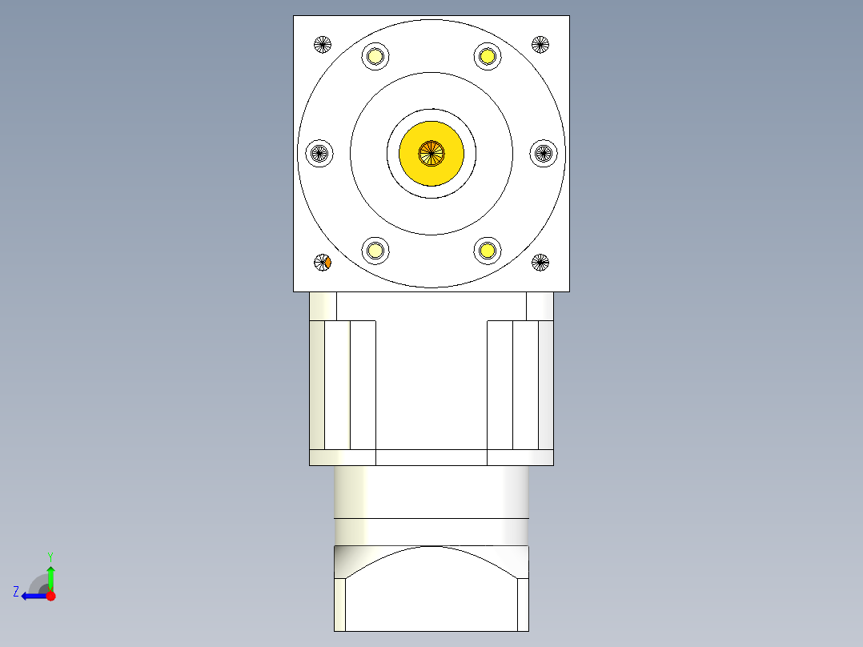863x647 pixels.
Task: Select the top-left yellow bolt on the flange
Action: (375, 56)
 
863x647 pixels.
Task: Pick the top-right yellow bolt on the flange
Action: (487, 56)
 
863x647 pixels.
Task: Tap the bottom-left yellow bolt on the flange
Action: (375, 250)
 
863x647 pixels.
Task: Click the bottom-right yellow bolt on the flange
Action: (487, 250)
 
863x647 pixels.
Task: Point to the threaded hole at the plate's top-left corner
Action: (323, 44)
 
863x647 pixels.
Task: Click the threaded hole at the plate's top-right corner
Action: (540, 44)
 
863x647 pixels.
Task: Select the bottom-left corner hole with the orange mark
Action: (323, 262)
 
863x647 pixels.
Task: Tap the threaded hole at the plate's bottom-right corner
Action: (540, 262)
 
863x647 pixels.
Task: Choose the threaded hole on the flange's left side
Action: (320, 152)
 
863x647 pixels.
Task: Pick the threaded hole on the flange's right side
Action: (544, 152)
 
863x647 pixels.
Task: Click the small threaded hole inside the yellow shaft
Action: (431, 152)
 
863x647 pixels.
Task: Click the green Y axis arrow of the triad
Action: (50, 576)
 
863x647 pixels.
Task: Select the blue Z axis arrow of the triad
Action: (32, 596)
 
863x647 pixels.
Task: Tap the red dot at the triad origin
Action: (50, 596)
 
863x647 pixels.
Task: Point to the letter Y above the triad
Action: (50, 556)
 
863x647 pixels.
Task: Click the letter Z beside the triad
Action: (16, 592)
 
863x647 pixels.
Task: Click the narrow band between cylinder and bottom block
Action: (431, 532)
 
